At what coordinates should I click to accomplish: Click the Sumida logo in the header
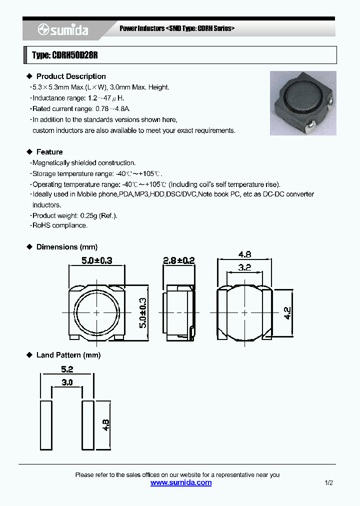pos(63,30)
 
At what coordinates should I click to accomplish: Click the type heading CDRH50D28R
pos(64,55)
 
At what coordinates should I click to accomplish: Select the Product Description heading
pos(70,76)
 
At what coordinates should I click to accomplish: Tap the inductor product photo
pos(303,103)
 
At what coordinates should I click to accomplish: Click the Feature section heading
pos(49,152)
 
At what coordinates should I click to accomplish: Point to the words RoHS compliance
pos(59,225)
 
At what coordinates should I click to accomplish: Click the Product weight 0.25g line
pos(74,215)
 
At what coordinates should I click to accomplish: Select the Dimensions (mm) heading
pos(66,247)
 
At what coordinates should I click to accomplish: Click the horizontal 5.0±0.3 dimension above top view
pos(96,260)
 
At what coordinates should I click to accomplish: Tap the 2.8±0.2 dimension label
pos(179,260)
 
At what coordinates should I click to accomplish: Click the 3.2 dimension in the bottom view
pos(244,267)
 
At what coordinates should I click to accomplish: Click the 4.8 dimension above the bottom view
pos(244,253)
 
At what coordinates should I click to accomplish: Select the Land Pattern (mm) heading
pos(68,355)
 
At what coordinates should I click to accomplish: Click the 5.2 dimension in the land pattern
pos(67,369)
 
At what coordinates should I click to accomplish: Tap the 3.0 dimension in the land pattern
pos(67,382)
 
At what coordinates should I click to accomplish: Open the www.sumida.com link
pos(181,483)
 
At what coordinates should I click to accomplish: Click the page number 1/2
pos(328,483)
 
